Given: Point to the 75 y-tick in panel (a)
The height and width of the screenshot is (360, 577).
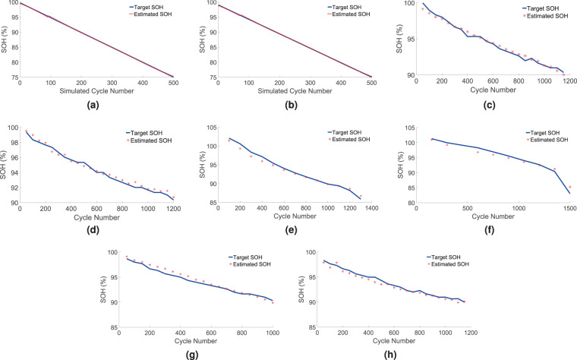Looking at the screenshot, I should pyautogui.click(x=11, y=77).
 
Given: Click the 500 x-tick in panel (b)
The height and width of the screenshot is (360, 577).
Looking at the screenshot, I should pyautogui.click(x=370, y=83).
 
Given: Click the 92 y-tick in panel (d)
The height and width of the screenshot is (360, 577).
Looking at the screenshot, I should pyautogui.click(x=11, y=187).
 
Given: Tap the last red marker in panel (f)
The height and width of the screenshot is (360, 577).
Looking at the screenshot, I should pyautogui.click(x=569, y=187).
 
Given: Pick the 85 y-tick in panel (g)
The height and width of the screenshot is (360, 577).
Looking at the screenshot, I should pyautogui.click(x=112, y=327).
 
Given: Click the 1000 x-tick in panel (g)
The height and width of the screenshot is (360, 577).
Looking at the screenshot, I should pyautogui.click(x=273, y=334).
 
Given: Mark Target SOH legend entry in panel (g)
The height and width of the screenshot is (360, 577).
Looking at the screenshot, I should pyautogui.click(x=251, y=257).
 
